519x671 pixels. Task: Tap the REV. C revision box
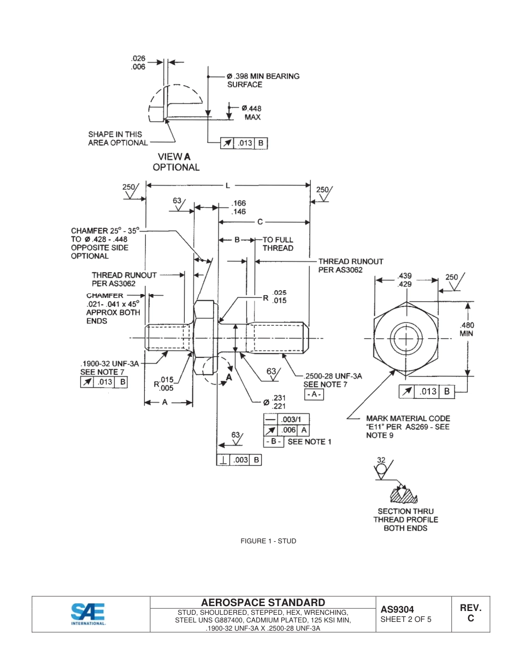tap(470, 613)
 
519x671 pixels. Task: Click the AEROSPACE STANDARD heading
tap(263, 602)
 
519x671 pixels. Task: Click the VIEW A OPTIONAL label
tap(176, 162)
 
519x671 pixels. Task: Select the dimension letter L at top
tap(228, 185)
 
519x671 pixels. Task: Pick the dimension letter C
tap(260, 222)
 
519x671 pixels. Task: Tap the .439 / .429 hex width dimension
tap(405, 280)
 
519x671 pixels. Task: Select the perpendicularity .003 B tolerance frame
tap(239, 460)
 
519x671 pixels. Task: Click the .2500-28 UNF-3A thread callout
tap(333, 376)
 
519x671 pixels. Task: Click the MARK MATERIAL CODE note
tap(408, 427)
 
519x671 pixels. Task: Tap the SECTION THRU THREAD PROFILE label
tap(405, 519)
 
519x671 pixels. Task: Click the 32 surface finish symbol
tap(381, 468)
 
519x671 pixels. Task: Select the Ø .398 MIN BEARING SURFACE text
tap(263, 80)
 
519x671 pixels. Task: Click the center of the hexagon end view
tap(406, 338)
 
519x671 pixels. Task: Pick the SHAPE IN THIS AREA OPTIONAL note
tap(118, 139)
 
